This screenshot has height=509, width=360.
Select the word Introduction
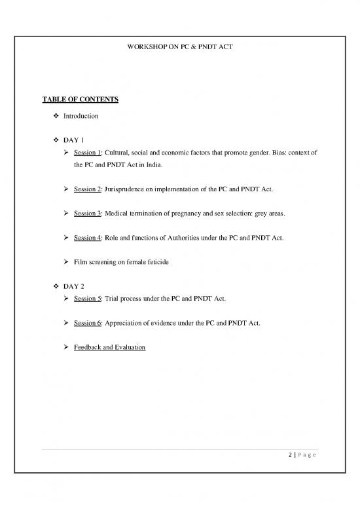(81, 116)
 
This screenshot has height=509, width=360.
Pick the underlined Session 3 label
(87, 214)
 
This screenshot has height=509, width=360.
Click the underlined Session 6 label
(87, 323)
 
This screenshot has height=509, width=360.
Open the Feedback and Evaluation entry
(109, 347)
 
